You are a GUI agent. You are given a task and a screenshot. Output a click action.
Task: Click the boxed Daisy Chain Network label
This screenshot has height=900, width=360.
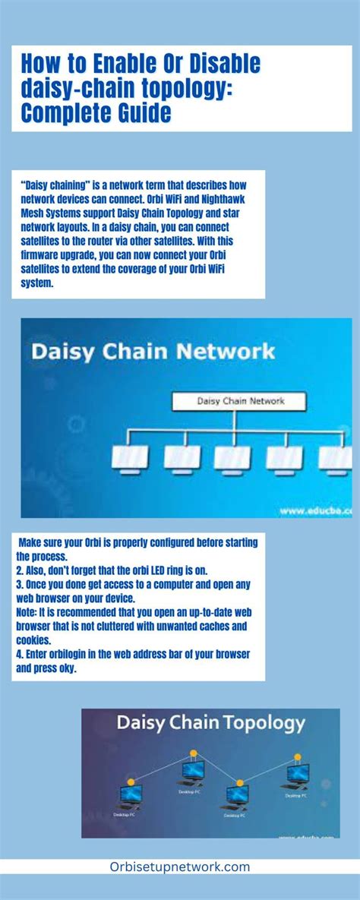point(239,400)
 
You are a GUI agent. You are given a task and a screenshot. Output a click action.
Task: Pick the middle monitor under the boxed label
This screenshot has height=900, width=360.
point(232,458)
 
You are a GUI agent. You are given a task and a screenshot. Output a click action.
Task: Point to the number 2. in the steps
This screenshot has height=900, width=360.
point(19,570)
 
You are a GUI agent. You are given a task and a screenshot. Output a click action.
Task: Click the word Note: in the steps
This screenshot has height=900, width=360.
point(26,611)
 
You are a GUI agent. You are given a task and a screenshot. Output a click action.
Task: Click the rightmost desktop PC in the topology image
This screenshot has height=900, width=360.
point(298,776)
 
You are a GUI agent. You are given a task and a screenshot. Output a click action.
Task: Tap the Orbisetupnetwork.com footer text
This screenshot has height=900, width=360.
point(180,867)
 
